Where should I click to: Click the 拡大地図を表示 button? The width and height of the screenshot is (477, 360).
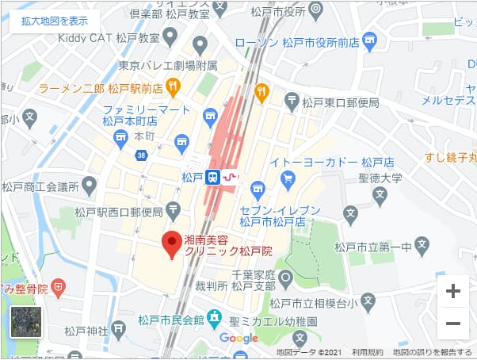[x=55, y=21]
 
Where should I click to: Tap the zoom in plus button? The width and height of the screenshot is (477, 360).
[x=453, y=291]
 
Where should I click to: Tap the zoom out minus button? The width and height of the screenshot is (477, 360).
[x=453, y=323]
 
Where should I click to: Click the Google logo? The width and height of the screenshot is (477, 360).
[x=238, y=338]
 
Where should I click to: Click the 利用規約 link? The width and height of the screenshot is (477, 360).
[x=368, y=352]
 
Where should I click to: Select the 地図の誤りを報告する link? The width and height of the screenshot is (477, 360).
[x=433, y=352]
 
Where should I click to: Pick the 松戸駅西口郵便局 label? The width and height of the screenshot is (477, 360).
[x=120, y=212]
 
